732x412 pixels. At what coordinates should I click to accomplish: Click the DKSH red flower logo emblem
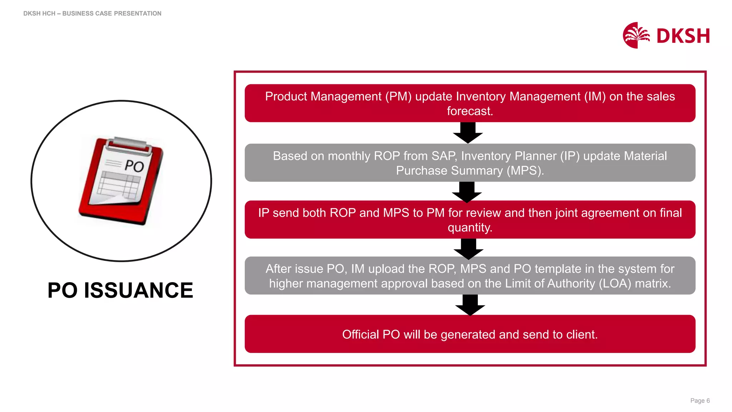(635, 35)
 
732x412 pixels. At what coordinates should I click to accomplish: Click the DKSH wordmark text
(683, 36)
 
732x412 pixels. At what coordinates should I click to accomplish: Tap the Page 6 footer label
(699, 401)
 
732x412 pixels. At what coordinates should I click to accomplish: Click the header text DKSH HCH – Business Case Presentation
(92, 14)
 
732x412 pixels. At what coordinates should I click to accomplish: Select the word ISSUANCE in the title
(138, 290)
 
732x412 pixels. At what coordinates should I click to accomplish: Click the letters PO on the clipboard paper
(134, 166)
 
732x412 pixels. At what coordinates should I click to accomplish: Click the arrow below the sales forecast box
(468, 133)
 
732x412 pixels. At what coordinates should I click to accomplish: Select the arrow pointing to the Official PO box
(470, 305)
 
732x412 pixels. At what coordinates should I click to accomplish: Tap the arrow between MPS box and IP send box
(466, 192)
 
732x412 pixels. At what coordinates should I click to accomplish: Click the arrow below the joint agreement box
(468, 249)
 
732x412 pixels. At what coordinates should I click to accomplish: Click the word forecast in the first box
(469, 111)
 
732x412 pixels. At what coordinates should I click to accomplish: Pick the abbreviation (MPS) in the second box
(525, 171)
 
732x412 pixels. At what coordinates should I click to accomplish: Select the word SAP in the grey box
(443, 156)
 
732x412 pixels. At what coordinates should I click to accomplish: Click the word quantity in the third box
(469, 227)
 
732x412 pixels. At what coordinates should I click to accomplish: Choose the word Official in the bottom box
(360, 334)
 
